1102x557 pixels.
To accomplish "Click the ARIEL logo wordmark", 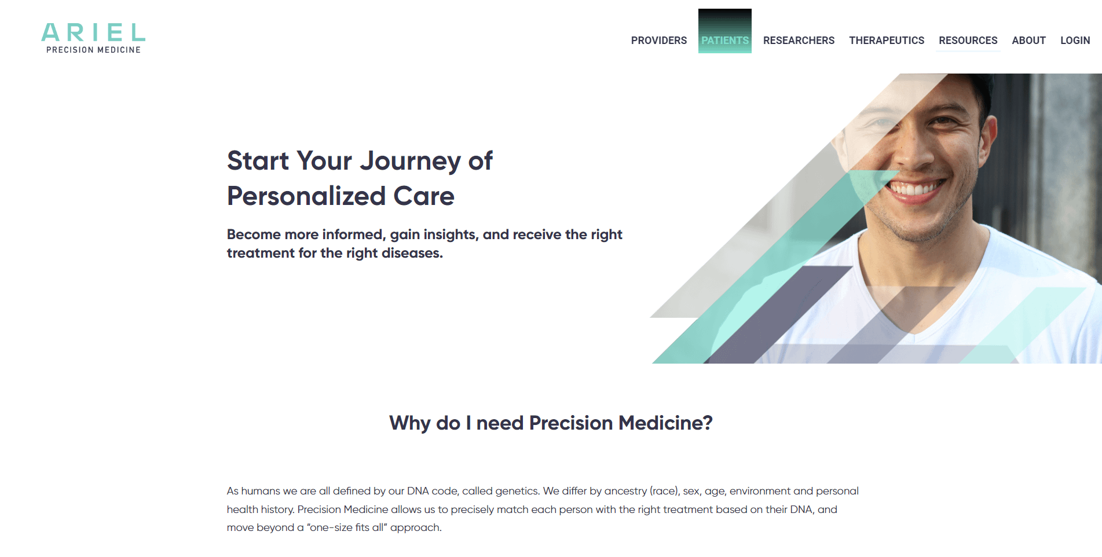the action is click(93, 32).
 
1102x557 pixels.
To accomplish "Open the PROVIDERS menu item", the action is click(659, 41).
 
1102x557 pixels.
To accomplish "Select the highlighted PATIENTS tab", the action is click(725, 41).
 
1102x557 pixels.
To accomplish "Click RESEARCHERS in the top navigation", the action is click(799, 41).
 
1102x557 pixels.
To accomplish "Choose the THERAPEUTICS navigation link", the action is click(887, 41).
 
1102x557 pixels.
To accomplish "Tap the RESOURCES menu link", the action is click(968, 41).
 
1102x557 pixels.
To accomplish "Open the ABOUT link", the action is click(1028, 41).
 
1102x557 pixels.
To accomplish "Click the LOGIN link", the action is click(1075, 41).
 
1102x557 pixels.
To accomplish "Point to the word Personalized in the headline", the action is click(306, 196).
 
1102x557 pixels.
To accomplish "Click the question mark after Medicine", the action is click(707, 423).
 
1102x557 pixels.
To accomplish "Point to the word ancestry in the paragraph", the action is click(625, 491).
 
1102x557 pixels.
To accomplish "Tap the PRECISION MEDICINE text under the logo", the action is click(93, 50).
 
